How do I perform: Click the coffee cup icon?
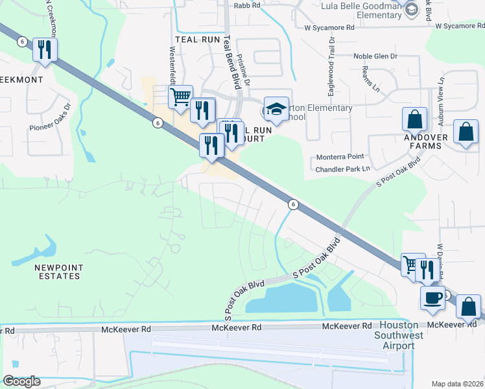pyautogui.click(x=432, y=298)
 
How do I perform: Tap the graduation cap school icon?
pyautogui.click(x=276, y=109)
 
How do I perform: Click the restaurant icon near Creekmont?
pyautogui.click(x=45, y=50)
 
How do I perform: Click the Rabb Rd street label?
pyautogui.click(x=247, y=5)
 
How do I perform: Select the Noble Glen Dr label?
pyautogui.click(x=375, y=56)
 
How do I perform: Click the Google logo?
pyautogui.click(x=21, y=381)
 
